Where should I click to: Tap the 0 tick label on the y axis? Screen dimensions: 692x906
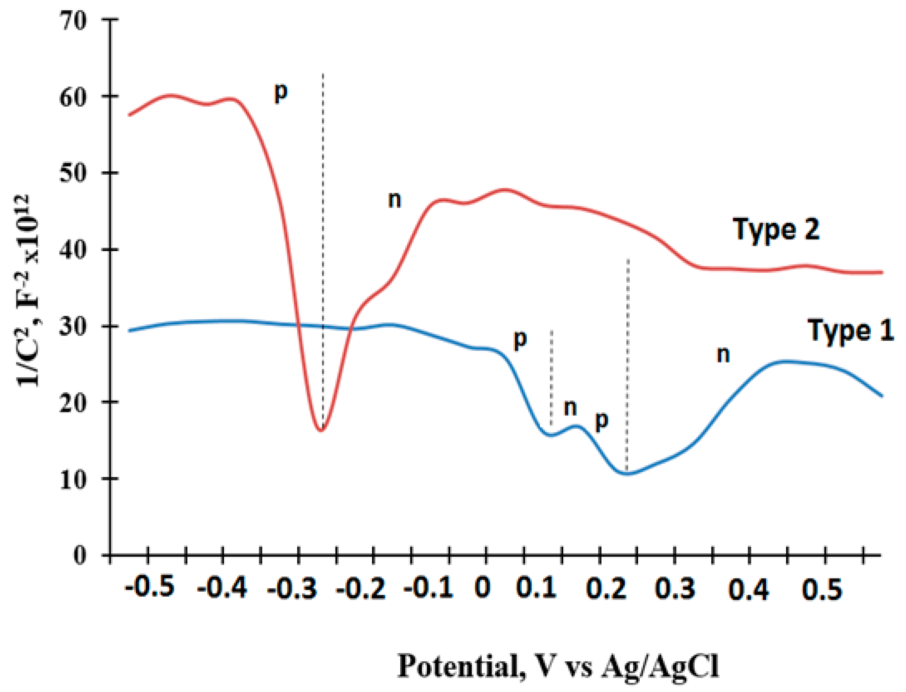(x=80, y=556)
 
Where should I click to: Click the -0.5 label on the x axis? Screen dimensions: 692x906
(x=150, y=586)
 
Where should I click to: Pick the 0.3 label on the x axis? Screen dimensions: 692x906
(x=675, y=588)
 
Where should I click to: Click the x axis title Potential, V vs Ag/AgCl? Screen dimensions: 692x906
(x=558, y=666)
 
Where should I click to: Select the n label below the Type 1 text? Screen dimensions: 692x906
(x=723, y=354)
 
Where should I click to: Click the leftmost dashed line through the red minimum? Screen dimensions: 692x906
(x=323, y=247)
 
